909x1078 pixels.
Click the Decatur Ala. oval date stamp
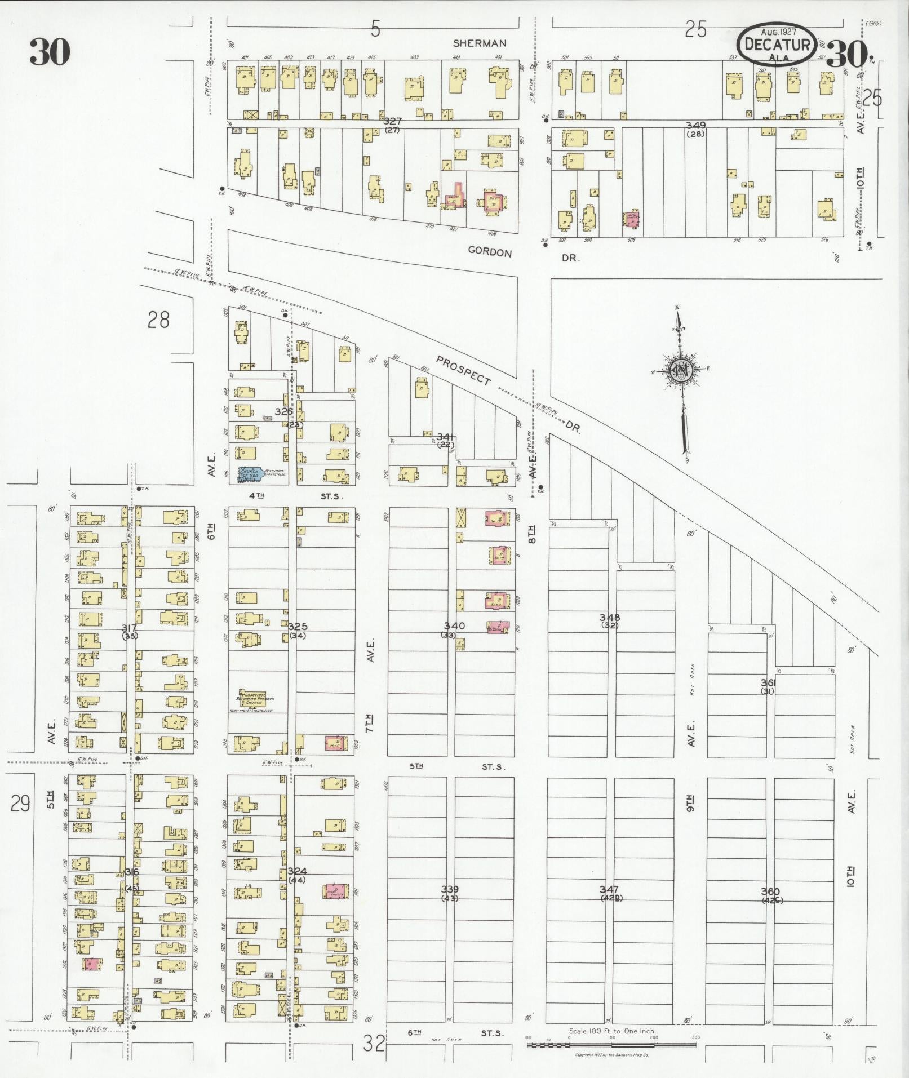coord(777,44)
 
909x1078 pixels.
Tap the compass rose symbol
coord(680,370)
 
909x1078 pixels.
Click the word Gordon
coord(490,252)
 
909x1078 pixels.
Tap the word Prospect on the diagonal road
coord(464,370)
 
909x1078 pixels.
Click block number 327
coord(392,121)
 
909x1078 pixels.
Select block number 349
coord(695,125)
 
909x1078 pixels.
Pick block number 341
coord(445,436)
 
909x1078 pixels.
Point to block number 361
coord(768,682)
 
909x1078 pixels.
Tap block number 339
coord(450,889)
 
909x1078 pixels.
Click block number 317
coord(130,627)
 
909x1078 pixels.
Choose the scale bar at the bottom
coord(611,1046)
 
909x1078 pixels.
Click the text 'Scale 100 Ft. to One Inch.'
coord(612,1031)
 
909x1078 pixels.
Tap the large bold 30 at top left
coord(50,52)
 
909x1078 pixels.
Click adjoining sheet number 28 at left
coord(158,320)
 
